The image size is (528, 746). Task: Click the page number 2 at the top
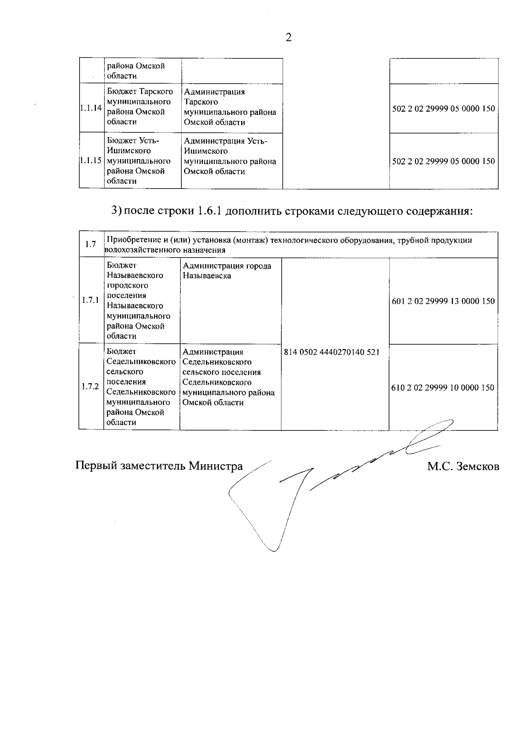[x=289, y=38]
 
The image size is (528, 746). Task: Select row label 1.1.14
[x=91, y=107]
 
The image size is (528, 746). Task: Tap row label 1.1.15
[x=91, y=161]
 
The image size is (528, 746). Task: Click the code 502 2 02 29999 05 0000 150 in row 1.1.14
[x=444, y=108]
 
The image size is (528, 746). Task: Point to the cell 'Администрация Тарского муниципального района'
[x=230, y=107]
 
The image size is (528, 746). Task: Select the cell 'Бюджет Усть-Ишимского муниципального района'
[x=139, y=161]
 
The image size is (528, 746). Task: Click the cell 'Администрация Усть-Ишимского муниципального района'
[x=230, y=156]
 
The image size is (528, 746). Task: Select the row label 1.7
[x=91, y=244]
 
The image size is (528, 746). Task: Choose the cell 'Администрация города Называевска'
[x=227, y=271]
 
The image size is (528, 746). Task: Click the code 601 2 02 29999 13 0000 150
[x=443, y=301]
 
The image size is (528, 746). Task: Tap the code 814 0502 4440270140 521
[x=332, y=352]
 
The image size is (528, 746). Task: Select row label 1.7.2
[x=91, y=387]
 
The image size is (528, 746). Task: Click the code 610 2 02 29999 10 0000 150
[x=443, y=388]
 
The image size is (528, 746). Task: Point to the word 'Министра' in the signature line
[x=216, y=466]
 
